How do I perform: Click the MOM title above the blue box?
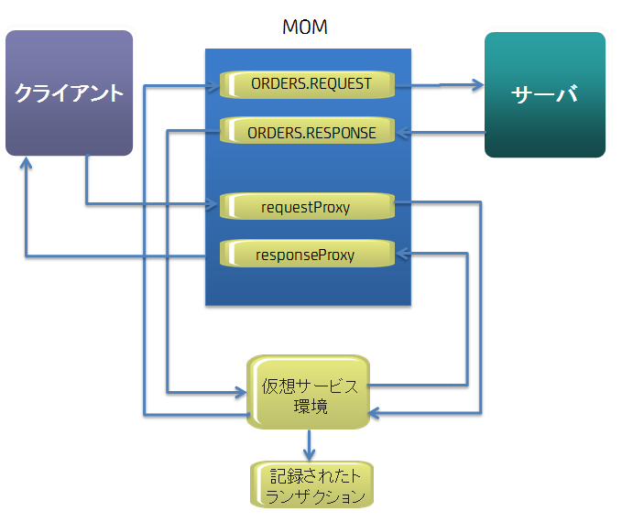[305, 27]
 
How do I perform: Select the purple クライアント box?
[70, 93]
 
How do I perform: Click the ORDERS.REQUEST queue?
[311, 84]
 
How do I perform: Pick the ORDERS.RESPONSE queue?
[311, 133]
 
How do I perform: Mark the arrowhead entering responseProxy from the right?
[404, 255]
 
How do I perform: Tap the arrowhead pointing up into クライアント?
[27, 164]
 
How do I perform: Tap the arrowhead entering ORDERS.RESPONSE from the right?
[404, 134]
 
